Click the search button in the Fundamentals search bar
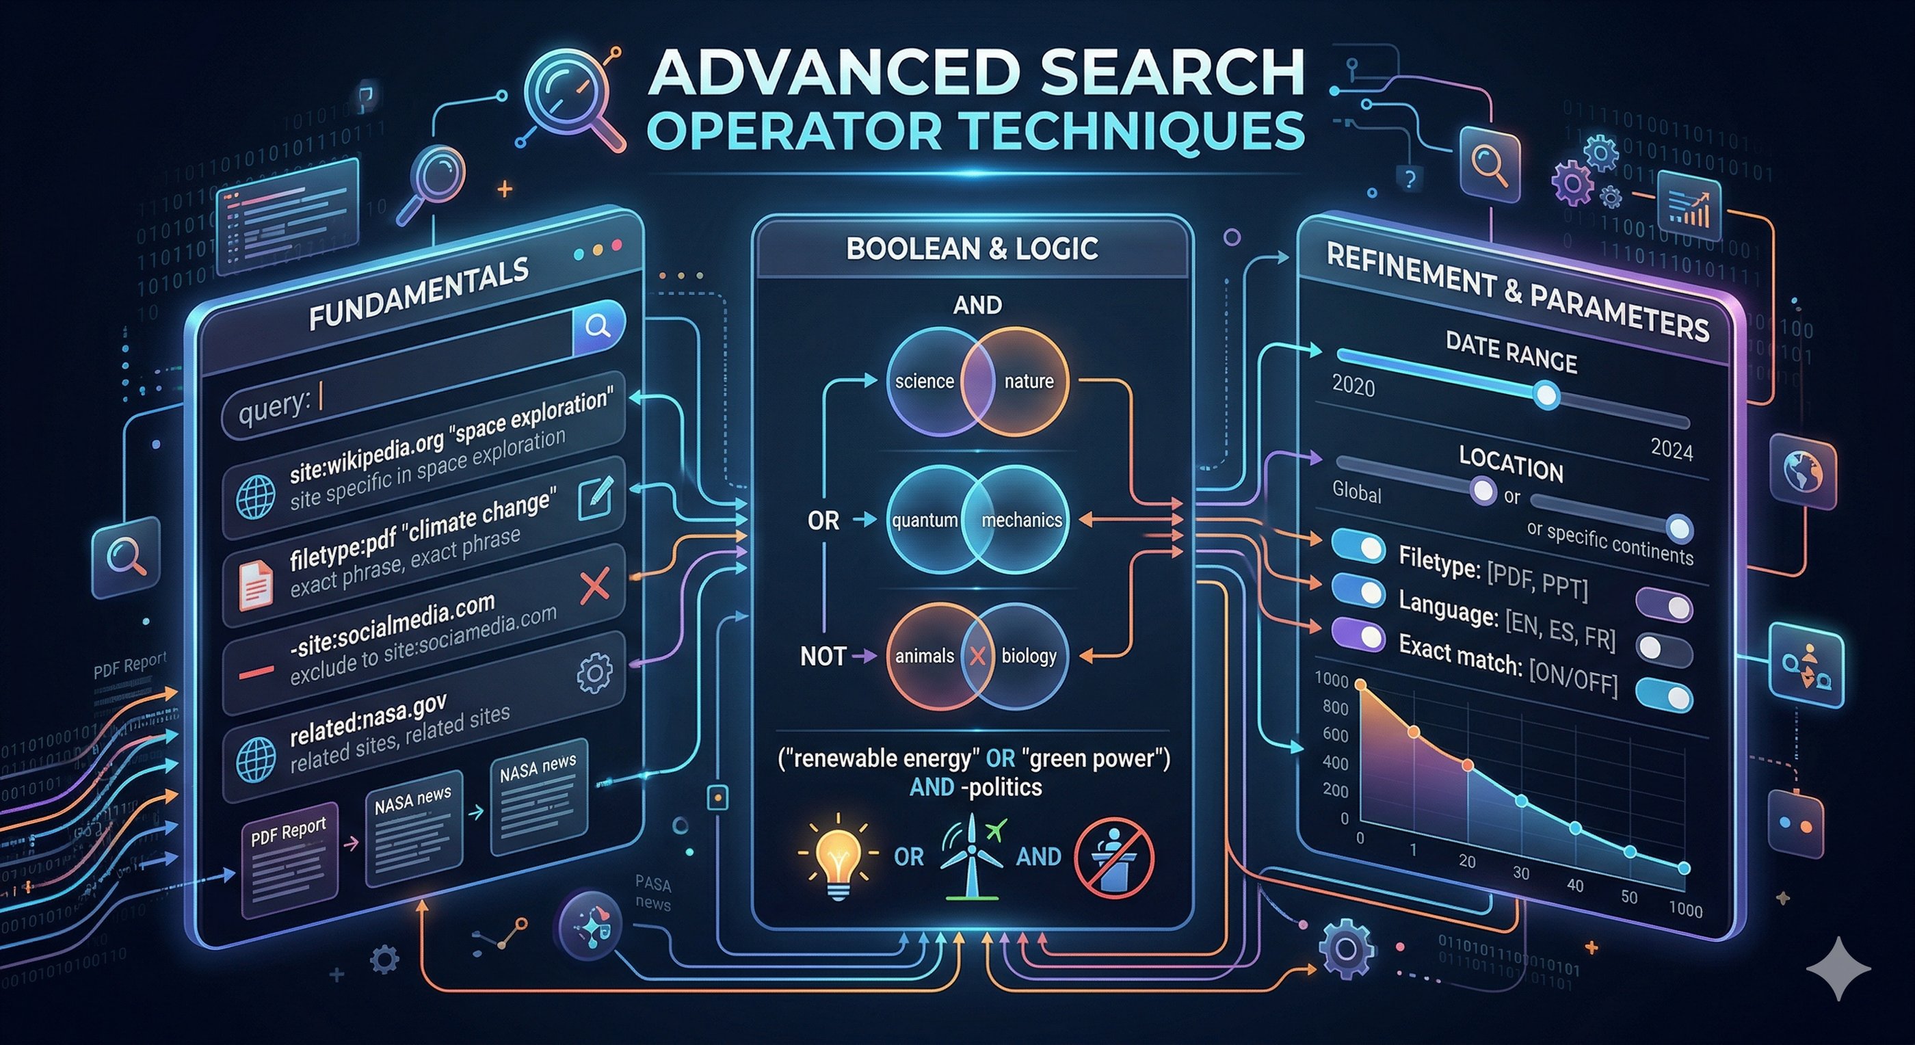pos(599,326)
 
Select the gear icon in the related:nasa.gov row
pos(595,674)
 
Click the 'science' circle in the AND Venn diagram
pos(924,382)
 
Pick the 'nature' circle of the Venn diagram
pos(1029,382)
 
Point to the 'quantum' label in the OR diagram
pos(925,520)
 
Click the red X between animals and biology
pos(977,656)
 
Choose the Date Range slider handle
pos(1547,395)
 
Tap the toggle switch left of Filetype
pos(1359,548)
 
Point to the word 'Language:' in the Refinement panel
pos(1447,608)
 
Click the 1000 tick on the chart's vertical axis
pos(1332,679)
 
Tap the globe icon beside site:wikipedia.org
pos(256,497)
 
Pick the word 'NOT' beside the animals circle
pos(823,656)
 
